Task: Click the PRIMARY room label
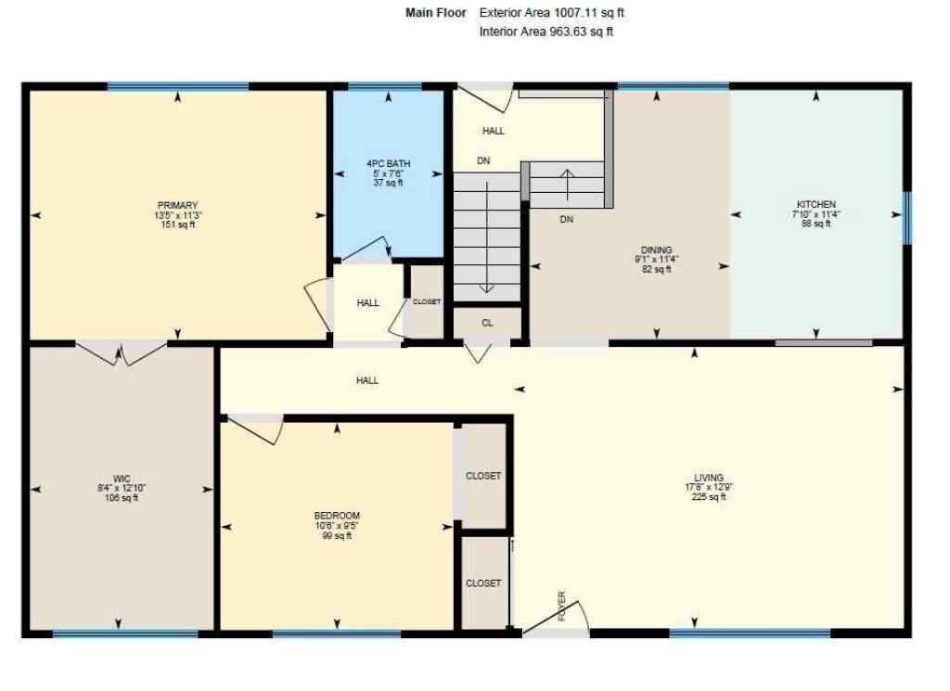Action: tap(177, 205)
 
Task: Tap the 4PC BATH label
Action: tap(389, 164)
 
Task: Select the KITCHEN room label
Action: tap(816, 204)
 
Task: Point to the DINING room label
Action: tap(656, 249)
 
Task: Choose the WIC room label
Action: tap(122, 479)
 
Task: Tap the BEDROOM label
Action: tap(337, 516)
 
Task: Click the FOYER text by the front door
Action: tap(562, 605)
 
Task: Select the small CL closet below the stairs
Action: tap(487, 323)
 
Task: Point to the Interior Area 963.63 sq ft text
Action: tap(546, 32)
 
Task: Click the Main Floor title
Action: tap(436, 13)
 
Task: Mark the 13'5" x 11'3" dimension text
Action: tap(178, 215)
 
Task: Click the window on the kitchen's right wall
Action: tap(907, 218)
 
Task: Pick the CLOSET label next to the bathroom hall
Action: tap(427, 302)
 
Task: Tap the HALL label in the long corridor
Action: tap(367, 380)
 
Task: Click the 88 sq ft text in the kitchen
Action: tap(816, 224)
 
